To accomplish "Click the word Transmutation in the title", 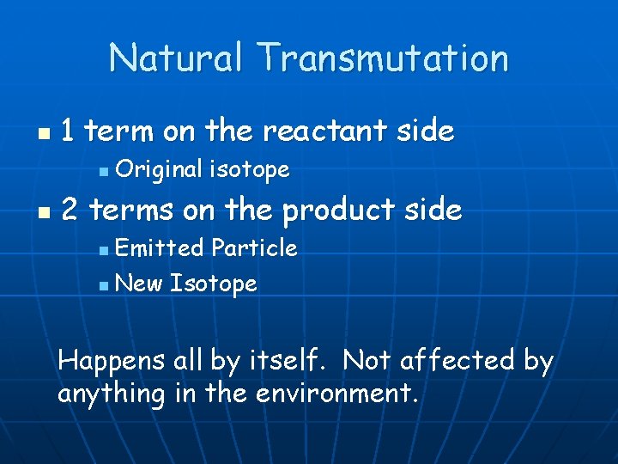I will click(x=385, y=58).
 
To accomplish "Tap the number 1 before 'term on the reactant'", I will click(x=69, y=131).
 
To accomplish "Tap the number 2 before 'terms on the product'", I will click(x=70, y=209).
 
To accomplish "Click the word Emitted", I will click(x=160, y=248).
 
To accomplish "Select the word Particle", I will click(x=254, y=248).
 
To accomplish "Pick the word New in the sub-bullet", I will click(x=138, y=283).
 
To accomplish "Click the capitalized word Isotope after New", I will click(x=214, y=284).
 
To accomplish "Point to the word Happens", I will click(x=112, y=361).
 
